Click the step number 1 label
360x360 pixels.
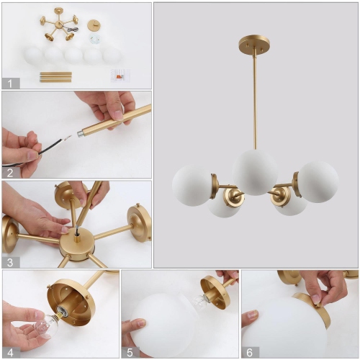tap(9, 83)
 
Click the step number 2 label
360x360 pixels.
tap(9, 172)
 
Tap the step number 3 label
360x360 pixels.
tap(9, 261)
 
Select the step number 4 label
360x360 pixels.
tap(9, 351)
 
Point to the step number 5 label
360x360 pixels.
tap(129, 351)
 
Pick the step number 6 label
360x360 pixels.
tap(249, 351)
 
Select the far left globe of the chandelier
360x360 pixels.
tap(192, 185)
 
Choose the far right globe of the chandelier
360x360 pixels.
tap(318, 181)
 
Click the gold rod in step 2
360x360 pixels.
tap(115, 122)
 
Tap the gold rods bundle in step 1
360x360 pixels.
tap(55, 76)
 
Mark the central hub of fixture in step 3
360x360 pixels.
tap(76, 242)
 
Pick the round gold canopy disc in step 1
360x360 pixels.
tap(93, 25)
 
